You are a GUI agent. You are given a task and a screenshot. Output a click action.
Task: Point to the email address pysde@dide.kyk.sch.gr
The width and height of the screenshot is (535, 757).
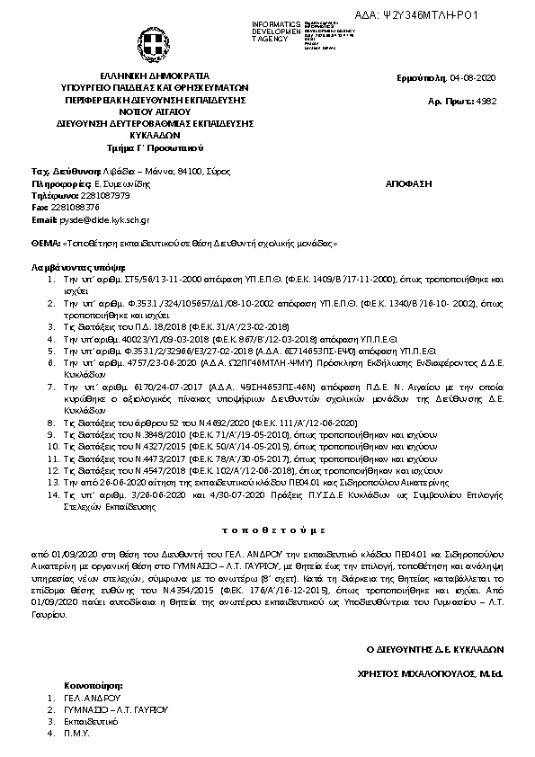(103, 219)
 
